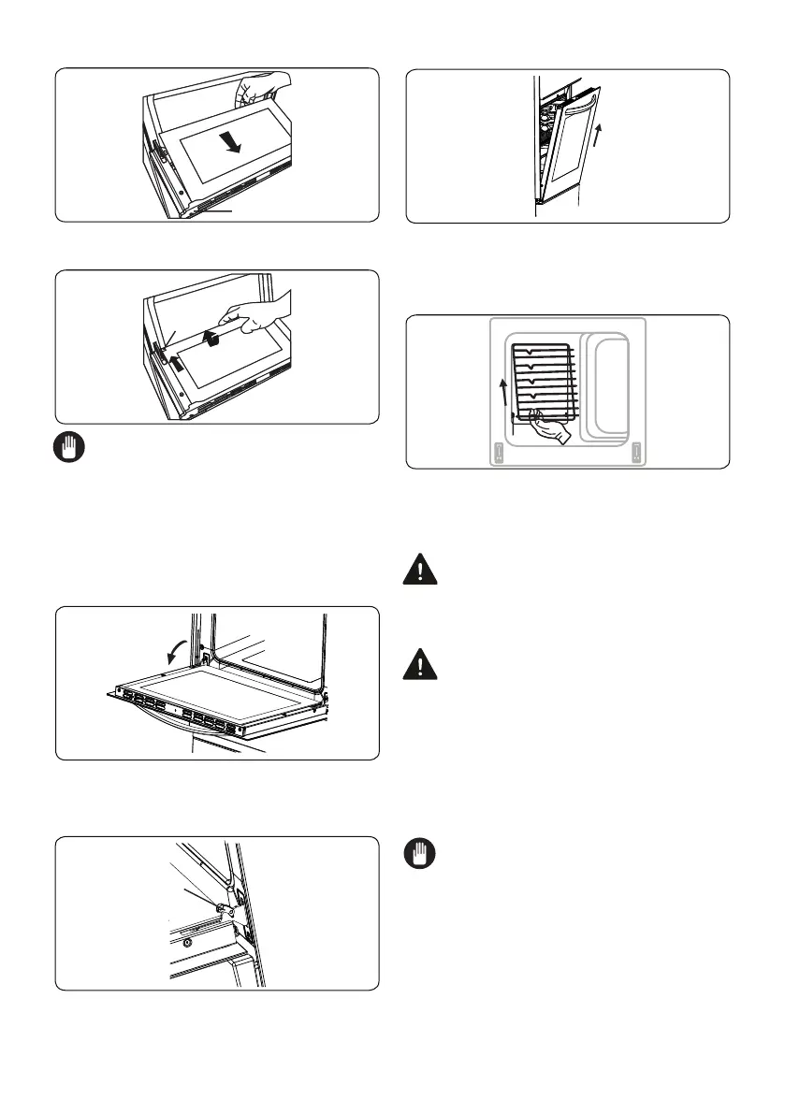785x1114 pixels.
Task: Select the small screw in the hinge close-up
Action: pos(188,941)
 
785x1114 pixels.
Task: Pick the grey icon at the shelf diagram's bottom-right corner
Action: pos(636,453)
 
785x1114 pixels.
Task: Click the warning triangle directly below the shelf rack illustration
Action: pos(423,571)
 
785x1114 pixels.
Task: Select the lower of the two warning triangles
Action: pos(423,665)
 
